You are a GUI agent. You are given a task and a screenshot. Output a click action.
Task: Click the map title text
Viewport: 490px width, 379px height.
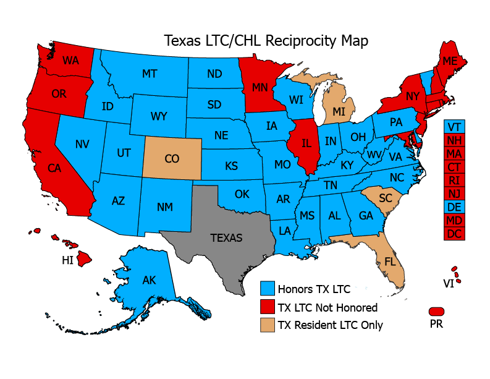(266, 41)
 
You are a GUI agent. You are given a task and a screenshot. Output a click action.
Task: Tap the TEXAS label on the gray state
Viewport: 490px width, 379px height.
(226, 237)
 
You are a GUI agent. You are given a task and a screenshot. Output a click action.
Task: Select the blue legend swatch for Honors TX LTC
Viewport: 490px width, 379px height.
(267, 288)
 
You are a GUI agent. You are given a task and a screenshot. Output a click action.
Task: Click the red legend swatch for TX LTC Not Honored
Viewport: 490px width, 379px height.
(267, 307)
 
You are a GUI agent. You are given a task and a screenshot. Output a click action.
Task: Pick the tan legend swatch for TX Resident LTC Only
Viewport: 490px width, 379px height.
(267, 325)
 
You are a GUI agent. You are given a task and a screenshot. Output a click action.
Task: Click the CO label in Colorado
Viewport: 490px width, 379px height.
(172, 159)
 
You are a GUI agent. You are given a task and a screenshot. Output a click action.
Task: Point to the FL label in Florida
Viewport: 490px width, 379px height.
(390, 262)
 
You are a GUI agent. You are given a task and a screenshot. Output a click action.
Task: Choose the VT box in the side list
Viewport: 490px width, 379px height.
(454, 126)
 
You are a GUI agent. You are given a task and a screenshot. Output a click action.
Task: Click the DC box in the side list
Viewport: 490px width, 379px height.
(454, 234)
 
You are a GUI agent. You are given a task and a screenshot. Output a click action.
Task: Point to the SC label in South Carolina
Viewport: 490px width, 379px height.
(385, 198)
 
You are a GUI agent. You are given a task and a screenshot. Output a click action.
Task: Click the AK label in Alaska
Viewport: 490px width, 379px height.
(149, 280)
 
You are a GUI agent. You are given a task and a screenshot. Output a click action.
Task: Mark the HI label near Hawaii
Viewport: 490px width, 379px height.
(68, 261)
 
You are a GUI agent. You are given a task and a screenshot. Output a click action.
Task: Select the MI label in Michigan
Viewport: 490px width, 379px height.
(339, 111)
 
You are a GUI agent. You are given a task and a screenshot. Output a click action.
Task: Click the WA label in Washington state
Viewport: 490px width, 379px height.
(70, 61)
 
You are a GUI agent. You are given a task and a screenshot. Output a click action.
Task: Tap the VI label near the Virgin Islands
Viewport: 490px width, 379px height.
(448, 283)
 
